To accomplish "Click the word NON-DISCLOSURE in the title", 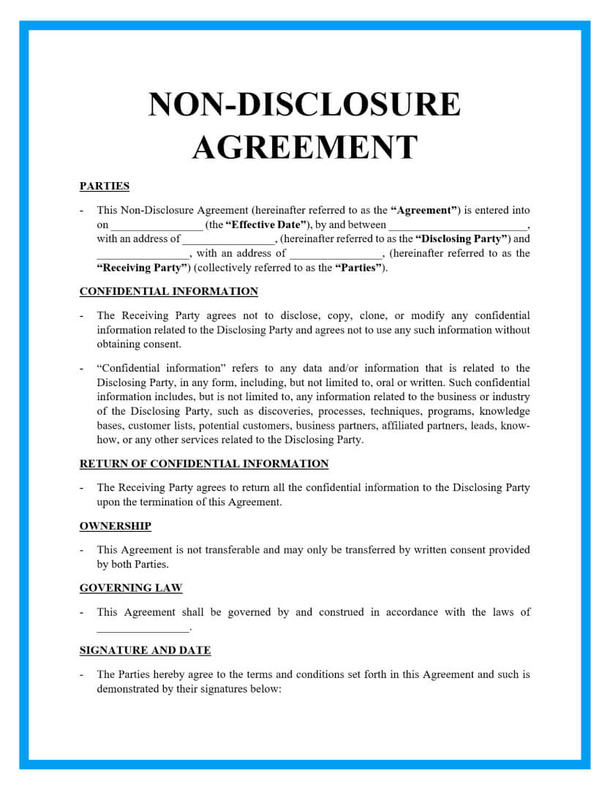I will pyautogui.click(x=304, y=105).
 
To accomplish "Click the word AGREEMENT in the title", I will pyautogui.click(x=304, y=147).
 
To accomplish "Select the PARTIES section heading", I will pyautogui.click(x=105, y=186).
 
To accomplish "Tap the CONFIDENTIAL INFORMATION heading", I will pyautogui.click(x=168, y=291).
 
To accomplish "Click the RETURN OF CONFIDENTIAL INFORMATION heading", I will pyautogui.click(x=204, y=464).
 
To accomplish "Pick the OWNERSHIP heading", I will pyautogui.click(x=115, y=526).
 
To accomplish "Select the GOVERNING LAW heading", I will pyautogui.click(x=131, y=588).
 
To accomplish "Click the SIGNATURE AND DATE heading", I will pyautogui.click(x=145, y=650).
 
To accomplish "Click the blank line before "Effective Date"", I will pyautogui.click(x=157, y=226).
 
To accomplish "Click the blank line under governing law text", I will pyautogui.click(x=143, y=628).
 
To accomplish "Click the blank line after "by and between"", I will pyautogui.click(x=458, y=226).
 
